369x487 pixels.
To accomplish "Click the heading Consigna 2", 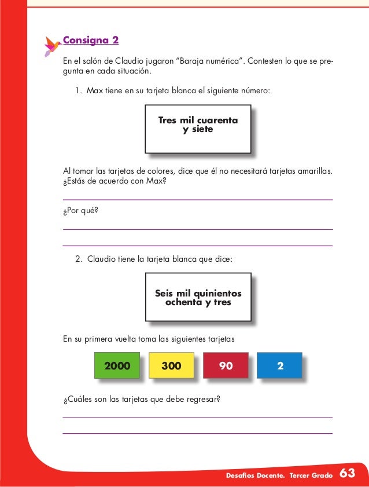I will (x=91, y=41).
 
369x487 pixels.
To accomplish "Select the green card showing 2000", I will (x=117, y=365).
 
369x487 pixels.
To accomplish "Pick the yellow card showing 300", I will (x=171, y=365).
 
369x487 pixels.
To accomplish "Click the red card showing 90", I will (x=226, y=365).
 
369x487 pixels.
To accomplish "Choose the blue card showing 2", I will (x=279, y=365).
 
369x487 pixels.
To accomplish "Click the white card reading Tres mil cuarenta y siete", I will (x=198, y=129).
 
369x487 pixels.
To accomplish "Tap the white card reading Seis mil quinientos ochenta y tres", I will (x=198, y=298).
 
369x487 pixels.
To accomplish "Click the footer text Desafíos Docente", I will (x=258, y=475).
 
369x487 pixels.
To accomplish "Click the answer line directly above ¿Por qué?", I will (x=197, y=200).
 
